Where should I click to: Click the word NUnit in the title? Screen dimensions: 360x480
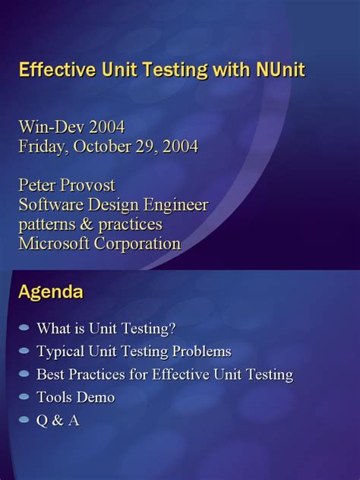[281, 70]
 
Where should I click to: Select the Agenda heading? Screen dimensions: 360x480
[51, 293]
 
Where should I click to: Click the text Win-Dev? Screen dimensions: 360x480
[52, 127]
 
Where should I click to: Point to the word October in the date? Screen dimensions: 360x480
[103, 147]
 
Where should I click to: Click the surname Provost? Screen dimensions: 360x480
[87, 185]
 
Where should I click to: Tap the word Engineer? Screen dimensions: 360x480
[176, 205]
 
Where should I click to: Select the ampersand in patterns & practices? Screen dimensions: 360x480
[87, 224]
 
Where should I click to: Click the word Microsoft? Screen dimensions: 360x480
[54, 244]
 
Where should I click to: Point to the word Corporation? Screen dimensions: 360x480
[137, 245]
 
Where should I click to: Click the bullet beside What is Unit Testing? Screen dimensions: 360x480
[24, 328]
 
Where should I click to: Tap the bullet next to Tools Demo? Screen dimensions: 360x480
[24, 397]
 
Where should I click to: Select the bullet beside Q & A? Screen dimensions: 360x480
[24, 420]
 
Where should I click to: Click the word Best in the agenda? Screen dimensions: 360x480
[51, 374]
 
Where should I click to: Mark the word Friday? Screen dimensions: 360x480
[44, 147]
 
